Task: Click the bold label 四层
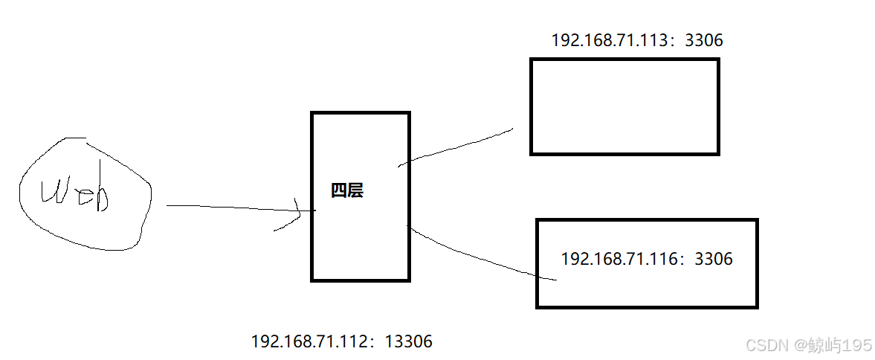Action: tap(347, 191)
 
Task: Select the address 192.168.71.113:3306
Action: tap(637, 40)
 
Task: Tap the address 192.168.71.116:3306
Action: tap(646, 259)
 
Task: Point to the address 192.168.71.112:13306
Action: tap(342, 342)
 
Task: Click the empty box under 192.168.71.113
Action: tap(624, 106)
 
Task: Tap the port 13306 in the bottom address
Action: tap(409, 342)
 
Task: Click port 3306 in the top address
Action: tap(703, 40)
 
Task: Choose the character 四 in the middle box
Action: tap(339, 191)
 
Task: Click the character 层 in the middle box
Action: tap(355, 191)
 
